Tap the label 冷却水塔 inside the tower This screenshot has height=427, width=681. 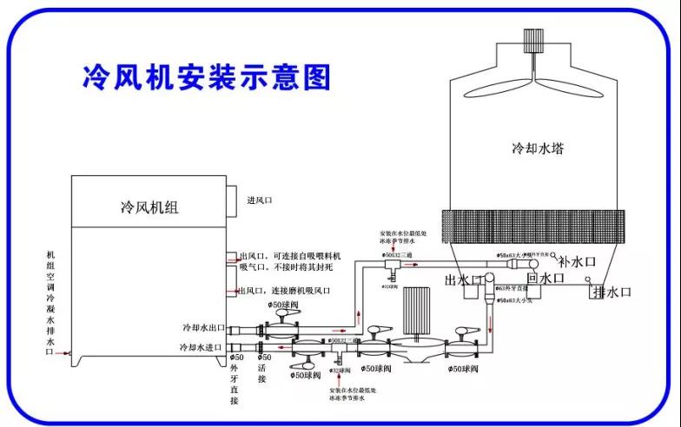[x=538, y=148]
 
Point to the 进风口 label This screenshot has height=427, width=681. [x=260, y=200]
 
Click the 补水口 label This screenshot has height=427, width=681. [x=577, y=259]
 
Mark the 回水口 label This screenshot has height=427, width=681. [x=545, y=278]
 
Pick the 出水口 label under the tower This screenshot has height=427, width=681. [x=461, y=279]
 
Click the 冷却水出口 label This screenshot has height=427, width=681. [x=203, y=328]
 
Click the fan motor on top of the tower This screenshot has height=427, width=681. [x=531, y=42]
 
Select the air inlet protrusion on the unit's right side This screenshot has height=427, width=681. [x=233, y=201]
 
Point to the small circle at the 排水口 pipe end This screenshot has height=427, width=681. [x=587, y=281]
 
